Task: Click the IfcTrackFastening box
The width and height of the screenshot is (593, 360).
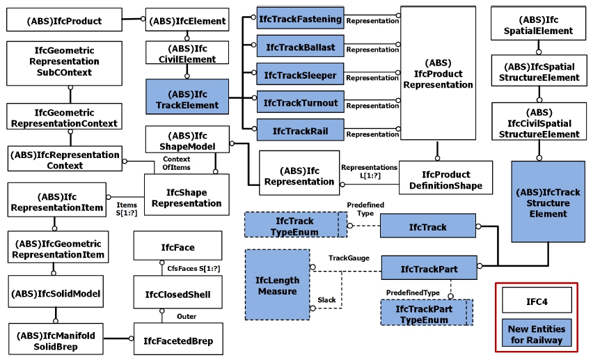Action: point(300,19)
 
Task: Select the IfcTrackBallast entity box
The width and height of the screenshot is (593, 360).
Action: point(300,47)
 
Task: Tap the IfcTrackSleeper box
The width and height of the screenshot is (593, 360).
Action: point(300,75)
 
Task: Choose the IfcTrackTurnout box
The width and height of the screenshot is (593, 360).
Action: point(300,103)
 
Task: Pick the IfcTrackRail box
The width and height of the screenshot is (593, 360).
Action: point(300,130)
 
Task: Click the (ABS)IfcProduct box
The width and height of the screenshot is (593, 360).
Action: point(64,21)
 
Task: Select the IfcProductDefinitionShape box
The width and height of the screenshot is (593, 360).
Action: point(445,180)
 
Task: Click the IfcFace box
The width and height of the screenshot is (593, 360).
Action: point(177,247)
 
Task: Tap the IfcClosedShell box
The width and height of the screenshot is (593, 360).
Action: point(177,295)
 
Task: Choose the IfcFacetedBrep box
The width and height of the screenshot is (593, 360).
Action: point(177,341)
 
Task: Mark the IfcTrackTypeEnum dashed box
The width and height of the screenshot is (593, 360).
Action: point(295,226)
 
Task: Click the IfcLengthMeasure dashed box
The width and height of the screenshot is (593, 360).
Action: point(277,285)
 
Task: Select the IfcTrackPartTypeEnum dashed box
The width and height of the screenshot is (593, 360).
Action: point(426,313)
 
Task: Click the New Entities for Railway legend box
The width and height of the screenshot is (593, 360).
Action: point(537,334)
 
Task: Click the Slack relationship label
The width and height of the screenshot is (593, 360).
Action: point(327,300)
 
